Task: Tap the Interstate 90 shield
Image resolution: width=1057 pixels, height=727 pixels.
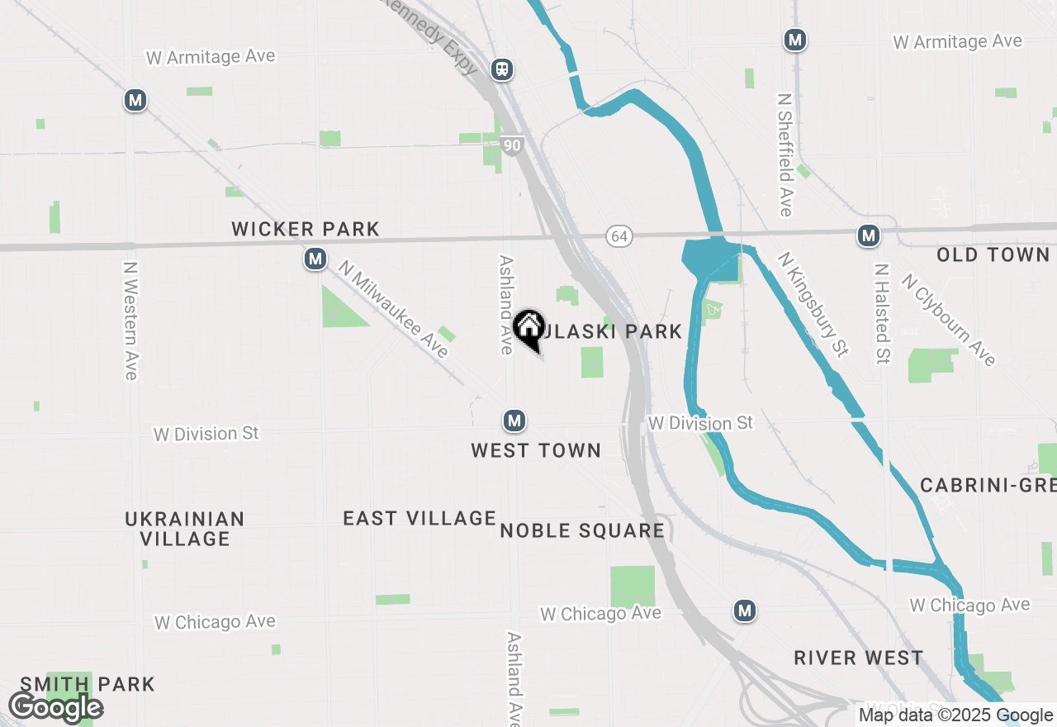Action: point(512,146)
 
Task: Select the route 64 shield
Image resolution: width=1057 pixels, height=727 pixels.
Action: point(619,236)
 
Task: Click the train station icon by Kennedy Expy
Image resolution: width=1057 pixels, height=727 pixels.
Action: point(501,69)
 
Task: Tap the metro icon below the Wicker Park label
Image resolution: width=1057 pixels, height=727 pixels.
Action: point(315,259)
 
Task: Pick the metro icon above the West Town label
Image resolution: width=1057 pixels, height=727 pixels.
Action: point(514,421)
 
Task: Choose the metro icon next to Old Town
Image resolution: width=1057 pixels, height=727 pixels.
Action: point(867,236)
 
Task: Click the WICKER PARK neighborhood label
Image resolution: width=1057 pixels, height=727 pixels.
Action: point(306,229)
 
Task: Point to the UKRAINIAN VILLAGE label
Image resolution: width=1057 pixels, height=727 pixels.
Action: point(185,529)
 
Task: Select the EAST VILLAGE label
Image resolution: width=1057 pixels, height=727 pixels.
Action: point(419,518)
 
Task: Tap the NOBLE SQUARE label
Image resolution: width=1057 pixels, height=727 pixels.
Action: point(582,530)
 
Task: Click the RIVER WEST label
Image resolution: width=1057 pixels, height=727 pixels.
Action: point(859,658)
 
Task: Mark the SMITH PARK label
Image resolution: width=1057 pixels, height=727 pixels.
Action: point(88,684)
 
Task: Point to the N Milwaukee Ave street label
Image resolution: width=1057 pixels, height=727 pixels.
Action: point(393,309)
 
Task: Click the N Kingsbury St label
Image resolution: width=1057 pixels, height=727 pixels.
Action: point(813,305)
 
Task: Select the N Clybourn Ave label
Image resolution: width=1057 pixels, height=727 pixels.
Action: point(949,319)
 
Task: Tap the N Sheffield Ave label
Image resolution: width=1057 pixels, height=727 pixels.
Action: point(784,154)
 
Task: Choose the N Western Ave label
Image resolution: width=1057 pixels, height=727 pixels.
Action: point(130,321)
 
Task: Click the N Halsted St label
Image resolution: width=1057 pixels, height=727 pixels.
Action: point(882,314)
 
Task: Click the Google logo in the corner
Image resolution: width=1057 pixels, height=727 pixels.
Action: point(55,708)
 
